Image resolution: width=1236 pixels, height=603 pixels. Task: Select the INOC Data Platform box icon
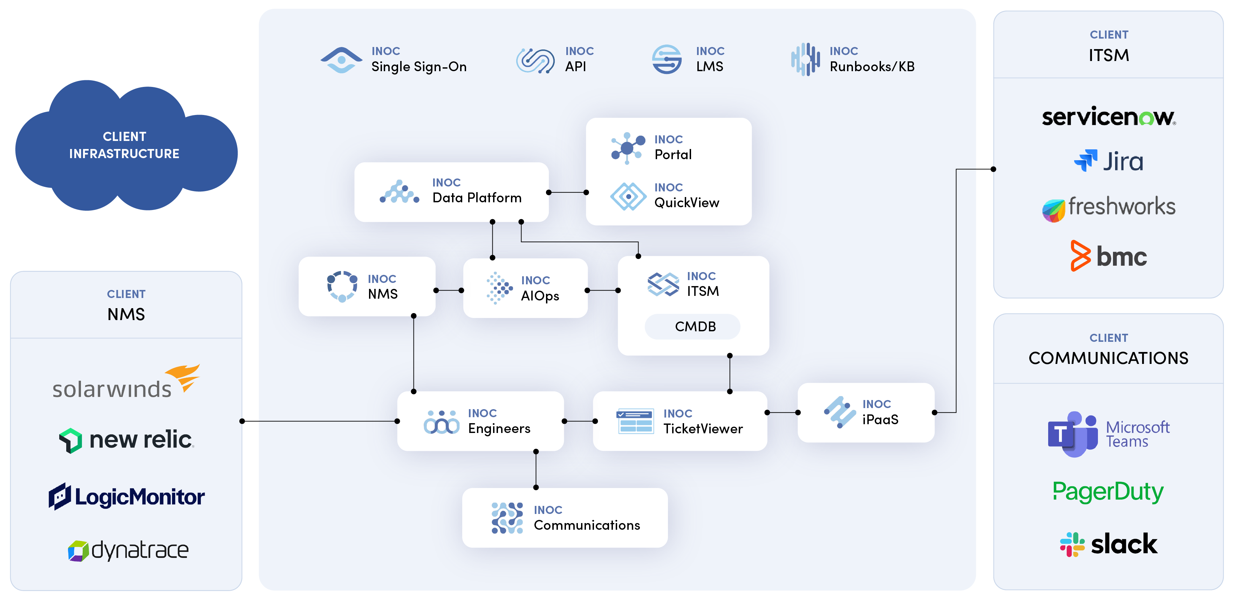tap(399, 192)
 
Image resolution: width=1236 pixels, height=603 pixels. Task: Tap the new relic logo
tap(126, 440)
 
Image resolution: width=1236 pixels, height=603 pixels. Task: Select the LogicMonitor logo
tap(126, 496)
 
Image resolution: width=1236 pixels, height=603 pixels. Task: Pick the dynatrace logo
tap(128, 550)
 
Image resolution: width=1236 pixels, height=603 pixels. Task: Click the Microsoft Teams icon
tap(1073, 434)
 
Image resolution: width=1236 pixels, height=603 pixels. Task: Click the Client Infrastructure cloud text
tap(124, 145)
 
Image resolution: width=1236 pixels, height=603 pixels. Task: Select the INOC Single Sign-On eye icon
tap(341, 60)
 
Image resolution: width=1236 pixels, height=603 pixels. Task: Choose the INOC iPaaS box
tap(866, 412)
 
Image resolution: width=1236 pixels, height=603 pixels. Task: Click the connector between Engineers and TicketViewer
tap(579, 421)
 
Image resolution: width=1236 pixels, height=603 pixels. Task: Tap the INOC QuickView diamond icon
tap(628, 196)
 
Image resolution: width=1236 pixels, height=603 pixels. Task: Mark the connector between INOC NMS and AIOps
tap(449, 291)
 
